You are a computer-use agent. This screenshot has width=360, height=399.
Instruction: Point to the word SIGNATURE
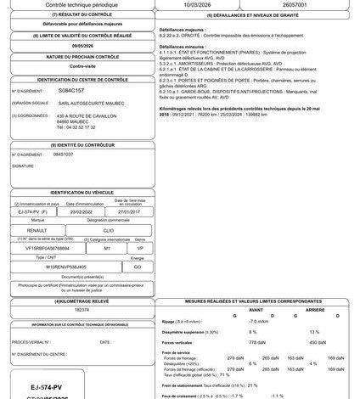(x=23, y=166)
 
